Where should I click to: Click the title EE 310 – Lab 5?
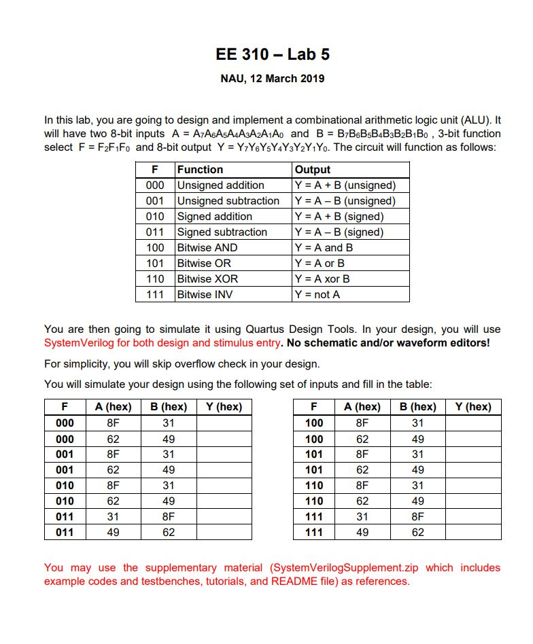coord(273,54)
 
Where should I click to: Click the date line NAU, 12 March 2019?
coord(273,78)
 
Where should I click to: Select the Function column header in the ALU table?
coord(200,170)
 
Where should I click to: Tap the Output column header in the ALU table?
coord(313,170)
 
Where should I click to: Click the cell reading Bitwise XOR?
coord(207,279)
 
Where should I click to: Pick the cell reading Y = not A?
coord(317,294)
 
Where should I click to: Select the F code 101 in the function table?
coord(155,263)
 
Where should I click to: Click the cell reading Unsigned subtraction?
coord(228,201)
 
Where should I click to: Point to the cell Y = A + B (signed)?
coord(339,217)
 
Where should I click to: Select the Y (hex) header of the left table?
coord(224,407)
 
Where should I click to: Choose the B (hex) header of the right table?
coord(417,407)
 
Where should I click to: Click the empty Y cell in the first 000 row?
coord(224,423)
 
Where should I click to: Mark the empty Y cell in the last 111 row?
coord(473,533)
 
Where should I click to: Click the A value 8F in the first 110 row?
coord(362,486)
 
